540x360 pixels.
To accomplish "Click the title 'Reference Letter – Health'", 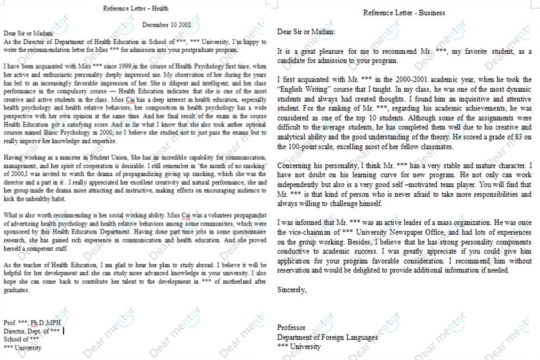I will coord(135,8).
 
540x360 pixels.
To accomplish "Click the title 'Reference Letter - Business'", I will coord(404,12).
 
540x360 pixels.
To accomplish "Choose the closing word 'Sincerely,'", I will coord(292,290).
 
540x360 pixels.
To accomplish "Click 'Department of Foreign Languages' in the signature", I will coord(327,337).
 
